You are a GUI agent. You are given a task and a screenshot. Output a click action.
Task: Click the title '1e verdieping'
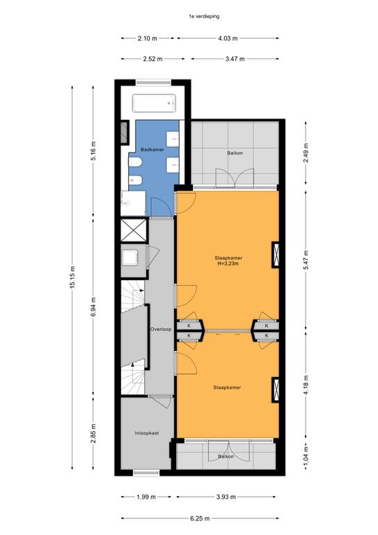(204, 16)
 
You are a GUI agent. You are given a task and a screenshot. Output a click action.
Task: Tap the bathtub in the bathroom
(154, 103)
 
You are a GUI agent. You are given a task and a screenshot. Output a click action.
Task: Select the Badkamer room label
(152, 150)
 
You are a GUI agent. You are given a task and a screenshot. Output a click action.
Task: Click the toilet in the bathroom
(135, 163)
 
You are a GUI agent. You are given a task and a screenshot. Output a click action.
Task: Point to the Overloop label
(161, 329)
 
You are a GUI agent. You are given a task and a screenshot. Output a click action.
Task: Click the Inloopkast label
(147, 433)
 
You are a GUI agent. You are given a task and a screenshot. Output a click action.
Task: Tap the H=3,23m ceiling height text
(228, 263)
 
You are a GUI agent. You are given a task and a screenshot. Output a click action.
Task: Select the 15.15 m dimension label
(72, 277)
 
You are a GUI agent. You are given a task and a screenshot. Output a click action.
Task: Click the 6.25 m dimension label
(200, 518)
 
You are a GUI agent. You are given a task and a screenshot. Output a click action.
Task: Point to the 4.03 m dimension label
(228, 38)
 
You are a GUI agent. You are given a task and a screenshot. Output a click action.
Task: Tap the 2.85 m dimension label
(93, 433)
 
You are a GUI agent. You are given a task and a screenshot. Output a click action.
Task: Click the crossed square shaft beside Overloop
(134, 231)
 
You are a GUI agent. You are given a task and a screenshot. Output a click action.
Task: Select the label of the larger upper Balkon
(235, 153)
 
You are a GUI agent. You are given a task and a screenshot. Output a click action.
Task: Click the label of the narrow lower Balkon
(226, 456)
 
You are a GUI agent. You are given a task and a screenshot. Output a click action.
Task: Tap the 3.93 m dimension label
(226, 497)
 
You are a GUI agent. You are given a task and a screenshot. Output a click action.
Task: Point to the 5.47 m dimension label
(306, 260)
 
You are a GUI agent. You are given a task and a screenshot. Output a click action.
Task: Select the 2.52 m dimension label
(152, 59)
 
